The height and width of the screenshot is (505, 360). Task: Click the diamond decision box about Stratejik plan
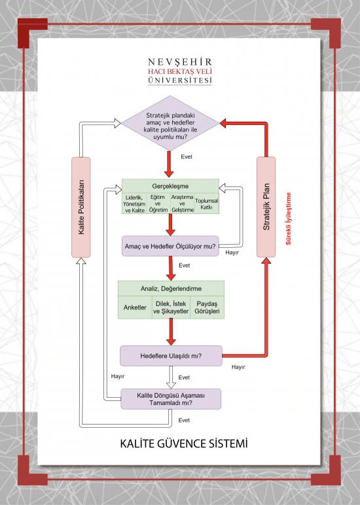pyautogui.click(x=170, y=123)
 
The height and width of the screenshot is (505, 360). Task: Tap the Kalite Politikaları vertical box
pyautogui.click(x=81, y=207)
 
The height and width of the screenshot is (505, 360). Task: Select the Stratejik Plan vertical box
pyautogui.click(x=266, y=207)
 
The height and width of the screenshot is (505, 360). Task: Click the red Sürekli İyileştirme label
pyautogui.click(x=288, y=218)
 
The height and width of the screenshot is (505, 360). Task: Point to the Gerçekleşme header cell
pyautogui.click(x=170, y=186)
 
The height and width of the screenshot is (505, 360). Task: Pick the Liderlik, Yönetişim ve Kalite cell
pyautogui.click(x=134, y=203)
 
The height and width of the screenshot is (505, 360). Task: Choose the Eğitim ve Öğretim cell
pyautogui.click(x=158, y=203)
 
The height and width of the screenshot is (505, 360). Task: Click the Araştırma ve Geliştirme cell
pyautogui.click(x=182, y=203)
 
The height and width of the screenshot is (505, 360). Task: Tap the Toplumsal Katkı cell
pyautogui.click(x=207, y=203)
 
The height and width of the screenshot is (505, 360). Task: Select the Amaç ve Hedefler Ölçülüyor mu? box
pyautogui.click(x=170, y=246)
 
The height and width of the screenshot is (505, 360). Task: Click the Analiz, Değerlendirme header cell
pyautogui.click(x=171, y=288)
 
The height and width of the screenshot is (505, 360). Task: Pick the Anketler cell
pyautogui.click(x=135, y=307)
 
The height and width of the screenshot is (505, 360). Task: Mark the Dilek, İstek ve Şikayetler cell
pyautogui.click(x=171, y=307)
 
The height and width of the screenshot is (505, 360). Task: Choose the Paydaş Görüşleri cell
pyautogui.click(x=207, y=307)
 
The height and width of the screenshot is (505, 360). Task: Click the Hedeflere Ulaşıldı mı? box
pyautogui.click(x=171, y=356)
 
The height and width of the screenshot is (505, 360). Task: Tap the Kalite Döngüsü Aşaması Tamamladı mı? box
pyautogui.click(x=171, y=399)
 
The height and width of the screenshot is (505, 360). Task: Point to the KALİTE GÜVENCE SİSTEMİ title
pyautogui.click(x=184, y=444)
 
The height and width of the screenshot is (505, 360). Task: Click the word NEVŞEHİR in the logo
pyautogui.click(x=180, y=62)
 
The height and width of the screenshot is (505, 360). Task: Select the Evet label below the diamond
pyautogui.click(x=187, y=157)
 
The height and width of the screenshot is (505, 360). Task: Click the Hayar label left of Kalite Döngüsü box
pyautogui.click(x=118, y=376)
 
